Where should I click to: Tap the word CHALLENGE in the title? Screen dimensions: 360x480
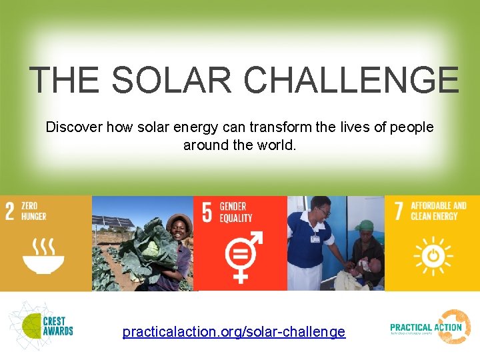351,81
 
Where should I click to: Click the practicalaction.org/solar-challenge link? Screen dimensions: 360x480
234,331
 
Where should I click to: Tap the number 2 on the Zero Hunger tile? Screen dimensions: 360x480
10,211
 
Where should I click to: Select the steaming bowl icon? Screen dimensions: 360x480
43,258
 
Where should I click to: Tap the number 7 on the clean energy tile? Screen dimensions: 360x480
399,211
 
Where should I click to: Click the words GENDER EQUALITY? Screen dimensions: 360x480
235,213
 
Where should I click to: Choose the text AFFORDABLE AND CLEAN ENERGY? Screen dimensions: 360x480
438,211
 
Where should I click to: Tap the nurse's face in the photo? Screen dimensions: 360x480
322,211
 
